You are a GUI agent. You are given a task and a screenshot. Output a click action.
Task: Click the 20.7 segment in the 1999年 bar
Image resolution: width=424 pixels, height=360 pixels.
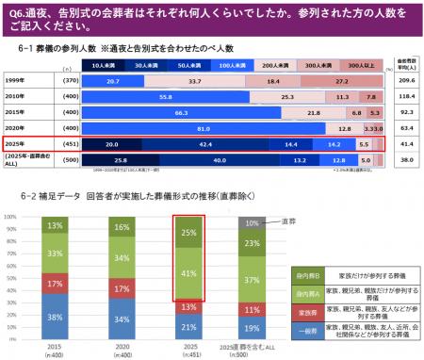tap(112, 82)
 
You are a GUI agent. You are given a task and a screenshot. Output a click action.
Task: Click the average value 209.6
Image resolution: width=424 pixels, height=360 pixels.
tap(407, 82)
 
